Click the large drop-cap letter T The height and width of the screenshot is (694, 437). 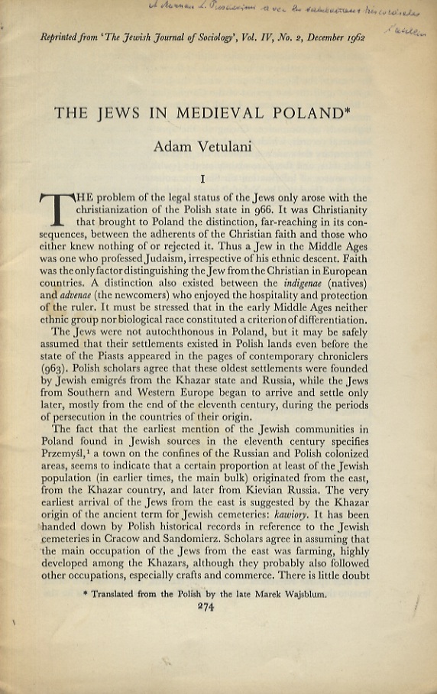click(56, 213)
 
